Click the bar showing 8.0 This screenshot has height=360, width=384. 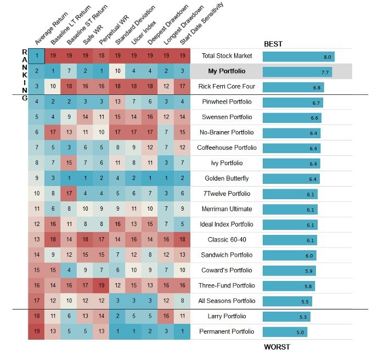click(298, 57)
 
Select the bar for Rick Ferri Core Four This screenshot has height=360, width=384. click(293, 87)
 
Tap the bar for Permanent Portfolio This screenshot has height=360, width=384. click(285, 331)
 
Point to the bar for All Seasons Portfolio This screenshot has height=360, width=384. click(287, 301)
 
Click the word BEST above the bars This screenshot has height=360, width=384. click(274, 43)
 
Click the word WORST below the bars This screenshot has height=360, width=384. click(277, 347)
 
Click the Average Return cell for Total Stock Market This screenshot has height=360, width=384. click(36, 56)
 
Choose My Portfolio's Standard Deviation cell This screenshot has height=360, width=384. click(118, 71)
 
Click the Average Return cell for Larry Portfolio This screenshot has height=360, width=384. click(36, 316)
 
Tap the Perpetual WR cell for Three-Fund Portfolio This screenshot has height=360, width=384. click(101, 285)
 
